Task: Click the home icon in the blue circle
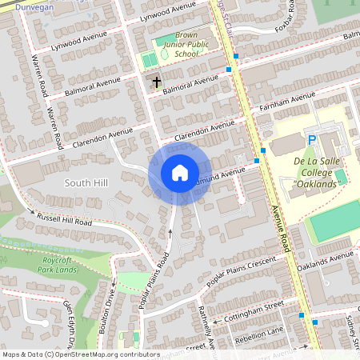179,172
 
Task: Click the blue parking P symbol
312,140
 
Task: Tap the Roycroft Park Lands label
58,265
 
